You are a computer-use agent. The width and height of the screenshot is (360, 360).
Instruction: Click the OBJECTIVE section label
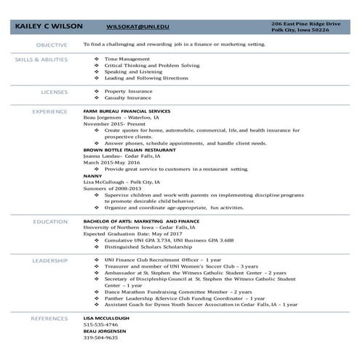52,44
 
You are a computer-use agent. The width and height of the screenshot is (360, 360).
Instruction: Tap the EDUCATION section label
51,220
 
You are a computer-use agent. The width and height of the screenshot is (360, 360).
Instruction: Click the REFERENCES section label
49,319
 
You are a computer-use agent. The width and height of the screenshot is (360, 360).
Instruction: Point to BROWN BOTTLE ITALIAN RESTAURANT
128,149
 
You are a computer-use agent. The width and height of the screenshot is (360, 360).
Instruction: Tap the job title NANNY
92,175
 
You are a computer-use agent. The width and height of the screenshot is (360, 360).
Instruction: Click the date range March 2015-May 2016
111,161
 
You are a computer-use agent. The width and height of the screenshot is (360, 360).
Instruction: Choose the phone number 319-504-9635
100,337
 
